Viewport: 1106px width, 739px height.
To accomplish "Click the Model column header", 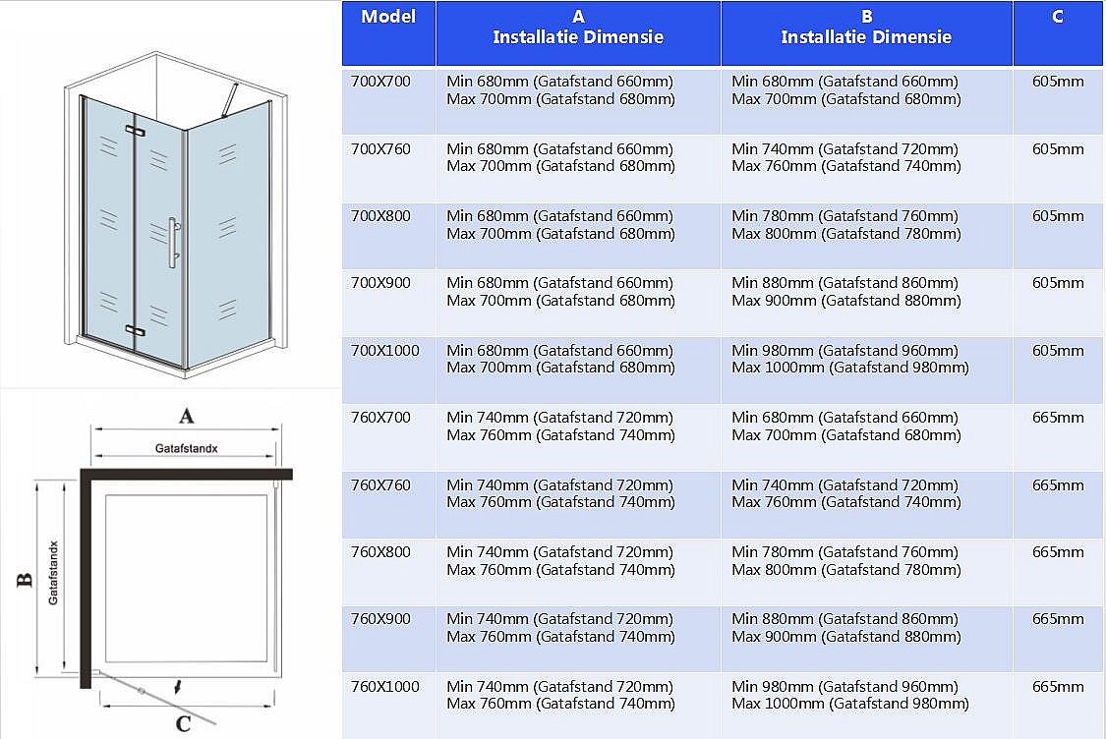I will click(x=388, y=17).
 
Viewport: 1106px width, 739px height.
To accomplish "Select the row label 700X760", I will click(x=380, y=149).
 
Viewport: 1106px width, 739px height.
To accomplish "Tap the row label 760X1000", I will click(x=385, y=687).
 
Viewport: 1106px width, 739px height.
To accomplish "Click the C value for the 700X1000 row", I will click(x=1058, y=351).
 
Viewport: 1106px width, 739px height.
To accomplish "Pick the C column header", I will click(x=1057, y=17).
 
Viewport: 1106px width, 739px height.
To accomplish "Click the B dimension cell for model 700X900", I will click(x=845, y=292).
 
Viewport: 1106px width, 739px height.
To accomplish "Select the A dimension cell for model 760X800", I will click(x=560, y=561).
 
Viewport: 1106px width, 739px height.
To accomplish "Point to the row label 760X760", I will click(x=380, y=485).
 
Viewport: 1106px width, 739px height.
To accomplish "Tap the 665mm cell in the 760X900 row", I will click(x=1058, y=619).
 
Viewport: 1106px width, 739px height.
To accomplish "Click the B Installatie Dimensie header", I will click(x=866, y=28).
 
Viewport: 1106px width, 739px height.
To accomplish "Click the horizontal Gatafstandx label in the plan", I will click(x=186, y=448).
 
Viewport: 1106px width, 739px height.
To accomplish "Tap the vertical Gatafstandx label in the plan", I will click(x=54, y=573).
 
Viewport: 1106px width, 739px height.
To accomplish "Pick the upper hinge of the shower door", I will click(x=135, y=130).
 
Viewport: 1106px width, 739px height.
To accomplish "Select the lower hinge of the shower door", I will click(x=135, y=329).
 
